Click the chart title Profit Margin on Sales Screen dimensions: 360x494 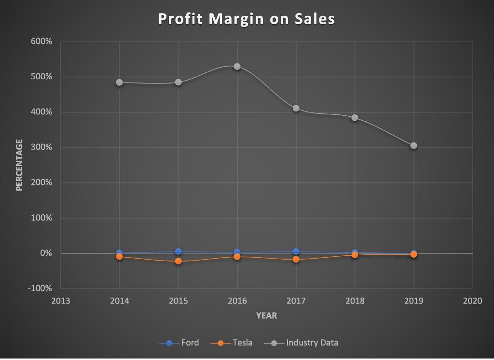pos(247,19)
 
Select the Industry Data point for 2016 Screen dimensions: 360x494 pos(237,67)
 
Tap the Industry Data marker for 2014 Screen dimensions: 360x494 pos(119,83)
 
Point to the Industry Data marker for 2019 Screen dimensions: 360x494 pos(413,146)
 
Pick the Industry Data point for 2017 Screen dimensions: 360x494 pos(296,109)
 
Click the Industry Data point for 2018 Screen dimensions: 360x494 pos(355,118)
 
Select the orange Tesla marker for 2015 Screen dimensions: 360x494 pos(178,261)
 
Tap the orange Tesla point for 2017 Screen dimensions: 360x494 pos(296,260)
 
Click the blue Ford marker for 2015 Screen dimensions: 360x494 pos(178,251)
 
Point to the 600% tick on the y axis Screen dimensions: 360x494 pos(42,42)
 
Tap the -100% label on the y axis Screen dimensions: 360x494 pos(41,289)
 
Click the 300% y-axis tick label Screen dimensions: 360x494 pos(42,147)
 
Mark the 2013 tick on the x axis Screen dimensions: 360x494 pos(60,301)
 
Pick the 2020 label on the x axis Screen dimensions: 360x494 pos(472,301)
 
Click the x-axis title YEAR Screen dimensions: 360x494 pos(266,316)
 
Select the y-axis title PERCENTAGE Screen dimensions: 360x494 pos(19,165)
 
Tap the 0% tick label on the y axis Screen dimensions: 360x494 pos(46,253)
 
